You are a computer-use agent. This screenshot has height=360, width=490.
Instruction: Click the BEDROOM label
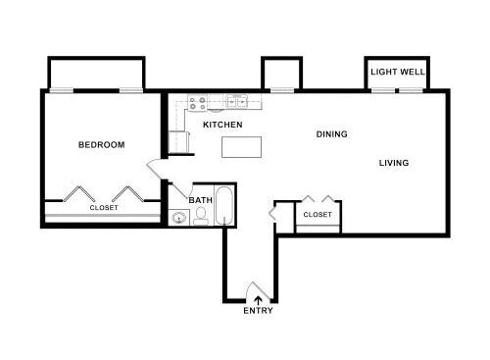pyautogui.click(x=101, y=145)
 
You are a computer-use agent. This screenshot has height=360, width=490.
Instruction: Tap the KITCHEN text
pyautogui.click(x=222, y=126)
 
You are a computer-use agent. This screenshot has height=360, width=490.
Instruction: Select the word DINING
pyautogui.click(x=331, y=134)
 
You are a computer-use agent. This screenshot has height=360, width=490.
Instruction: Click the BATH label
pyautogui.click(x=200, y=200)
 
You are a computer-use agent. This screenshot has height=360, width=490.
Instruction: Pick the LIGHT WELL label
pyautogui.click(x=397, y=72)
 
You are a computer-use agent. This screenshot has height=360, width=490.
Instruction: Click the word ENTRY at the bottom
pyautogui.click(x=258, y=312)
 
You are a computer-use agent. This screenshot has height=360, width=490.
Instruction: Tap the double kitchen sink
pyautogui.click(x=235, y=101)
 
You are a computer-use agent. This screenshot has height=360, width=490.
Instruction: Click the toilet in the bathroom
pyautogui.click(x=200, y=217)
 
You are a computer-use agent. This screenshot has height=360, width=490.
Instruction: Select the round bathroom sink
pyautogui.click(x=177, y=217)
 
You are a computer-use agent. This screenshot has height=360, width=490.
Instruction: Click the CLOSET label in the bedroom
pyautogui.click(x=104, y=208)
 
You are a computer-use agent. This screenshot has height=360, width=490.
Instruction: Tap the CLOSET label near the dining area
pyautogui.click(x=317, y=214)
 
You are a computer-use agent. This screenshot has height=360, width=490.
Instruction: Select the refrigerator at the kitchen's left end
pyautogui.click(x=178, y=143)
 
